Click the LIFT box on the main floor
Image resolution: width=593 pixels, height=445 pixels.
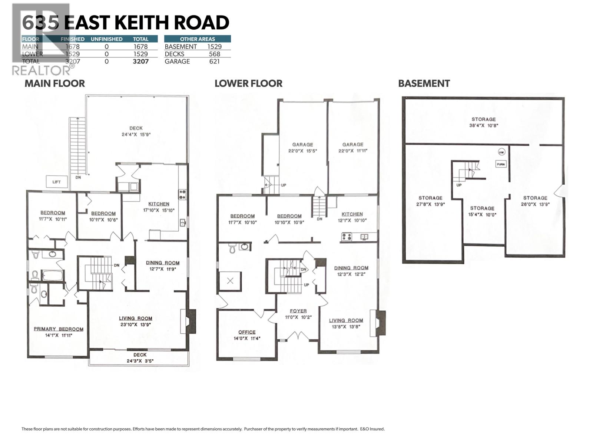[56, 182]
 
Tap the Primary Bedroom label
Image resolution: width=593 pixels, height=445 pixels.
[59, 329]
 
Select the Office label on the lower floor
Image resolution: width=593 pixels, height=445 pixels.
[247, 332]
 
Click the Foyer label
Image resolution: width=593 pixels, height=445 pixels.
[298, 311]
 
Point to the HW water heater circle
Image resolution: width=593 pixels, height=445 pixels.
[501, 152]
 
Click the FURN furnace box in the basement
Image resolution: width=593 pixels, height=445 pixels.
[501, 164]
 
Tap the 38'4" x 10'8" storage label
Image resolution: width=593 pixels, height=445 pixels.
[483, 122]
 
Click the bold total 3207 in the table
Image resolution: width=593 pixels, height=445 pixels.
[140, 62]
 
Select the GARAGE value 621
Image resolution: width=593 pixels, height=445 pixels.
[214, 62]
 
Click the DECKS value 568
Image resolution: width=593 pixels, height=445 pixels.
[214, 54]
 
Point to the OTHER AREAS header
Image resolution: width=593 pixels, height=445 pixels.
[197, 39]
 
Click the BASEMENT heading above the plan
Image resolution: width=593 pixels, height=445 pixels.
[424, 83]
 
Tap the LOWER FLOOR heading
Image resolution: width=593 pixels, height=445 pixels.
[248, 83]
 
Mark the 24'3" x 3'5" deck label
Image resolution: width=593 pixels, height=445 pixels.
[140, 358]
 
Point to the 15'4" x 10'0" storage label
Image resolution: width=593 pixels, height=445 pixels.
[482, 211]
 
